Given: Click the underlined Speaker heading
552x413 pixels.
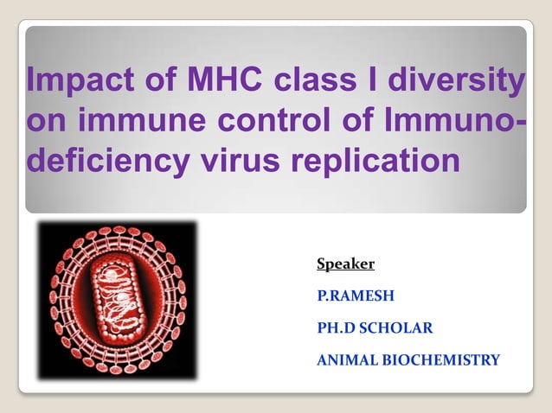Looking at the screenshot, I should point(345,264).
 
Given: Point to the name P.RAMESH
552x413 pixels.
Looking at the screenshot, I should point(356,295).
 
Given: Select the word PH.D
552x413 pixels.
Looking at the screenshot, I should point(336,327).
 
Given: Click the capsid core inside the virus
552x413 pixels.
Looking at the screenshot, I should point(117,297).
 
